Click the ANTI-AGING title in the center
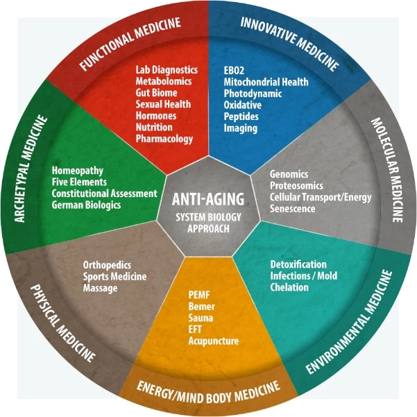(x=208, y=200)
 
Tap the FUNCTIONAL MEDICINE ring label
(x=130, y=43)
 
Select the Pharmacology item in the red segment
(x=164, y=139)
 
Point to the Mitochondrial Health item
(x=266, y=82)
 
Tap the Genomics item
(x=289, y=174)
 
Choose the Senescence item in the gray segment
(x=293, y=208)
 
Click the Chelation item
(x=289, y=287)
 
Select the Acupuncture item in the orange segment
(x=213, y=341)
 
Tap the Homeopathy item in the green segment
(x=77, y=171)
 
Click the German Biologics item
(x=86, y=205)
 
